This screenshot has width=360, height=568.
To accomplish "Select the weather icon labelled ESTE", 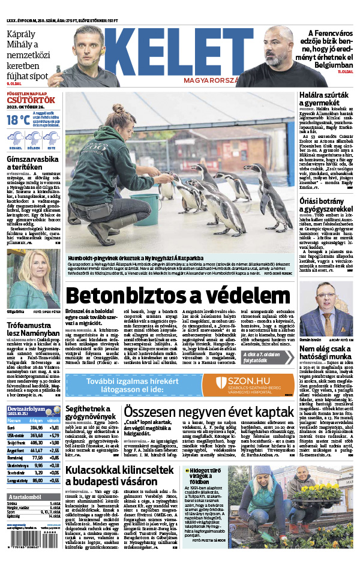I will pos(52,140).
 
